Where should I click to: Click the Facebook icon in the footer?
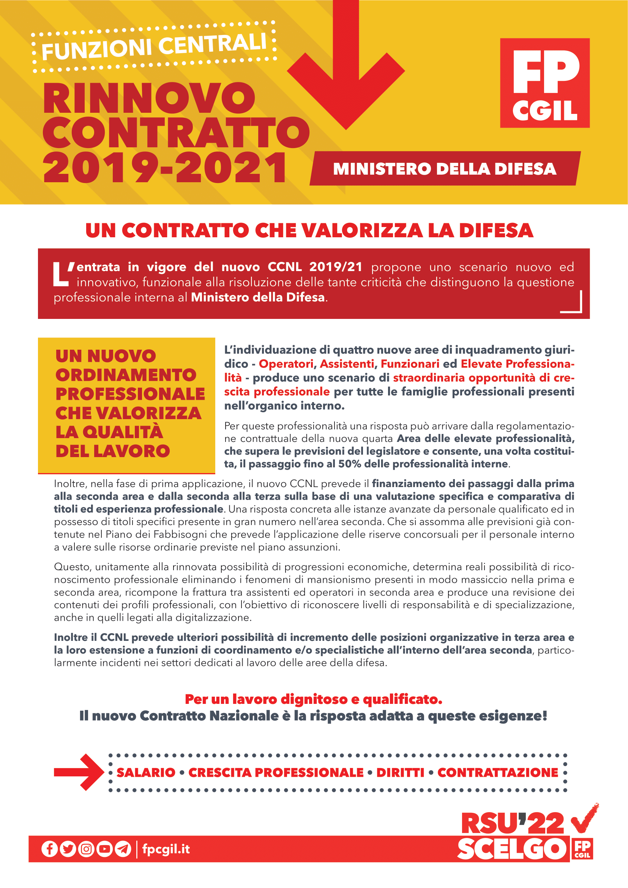coord(49,849)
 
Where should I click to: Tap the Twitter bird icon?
coord(68,849)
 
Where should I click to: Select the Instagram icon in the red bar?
coord(86,849)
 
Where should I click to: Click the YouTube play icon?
coord(104,849)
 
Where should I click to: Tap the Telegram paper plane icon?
coord(123,849)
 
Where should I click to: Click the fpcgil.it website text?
coord(166,849)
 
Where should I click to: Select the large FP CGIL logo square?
coord(544,83)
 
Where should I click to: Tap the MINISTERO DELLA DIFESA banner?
coord(445,169)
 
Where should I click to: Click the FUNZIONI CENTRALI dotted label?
coord(154,47)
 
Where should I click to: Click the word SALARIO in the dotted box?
coord(146,772)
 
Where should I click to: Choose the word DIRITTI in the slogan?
coord(400,772)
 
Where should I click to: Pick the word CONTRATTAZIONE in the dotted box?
coord(498,772)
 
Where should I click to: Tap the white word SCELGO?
coord(511,849)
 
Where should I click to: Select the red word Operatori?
coord(286,364)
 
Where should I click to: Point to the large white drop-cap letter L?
coord(61,274)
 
